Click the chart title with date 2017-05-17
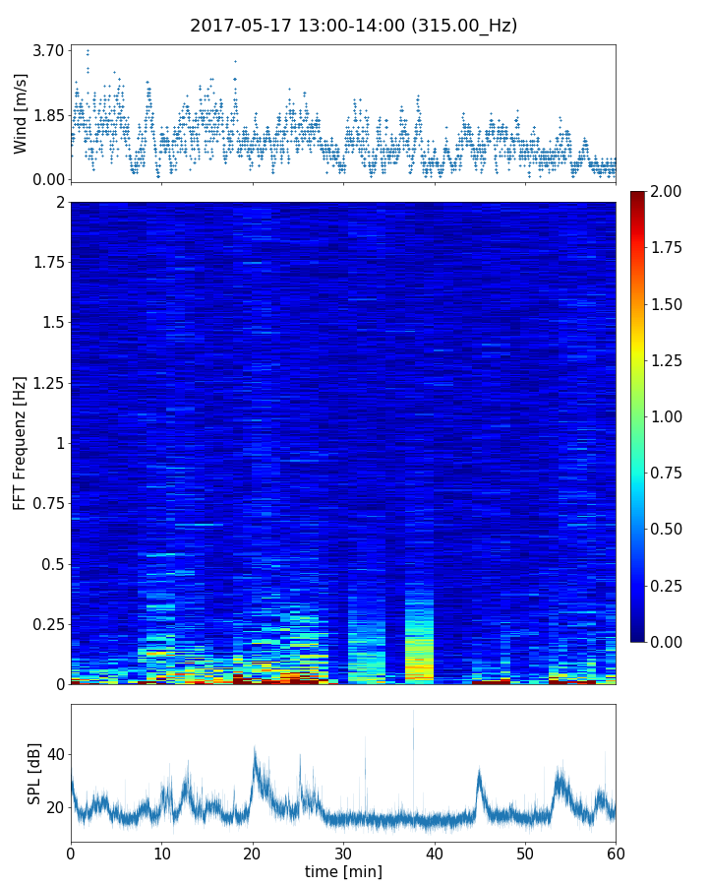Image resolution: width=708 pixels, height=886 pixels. point(354,26)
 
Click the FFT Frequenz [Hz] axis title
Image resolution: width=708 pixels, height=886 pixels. point(21,443)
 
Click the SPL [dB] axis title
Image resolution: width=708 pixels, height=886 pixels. point(34,773)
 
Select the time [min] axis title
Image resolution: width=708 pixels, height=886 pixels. point(343,871)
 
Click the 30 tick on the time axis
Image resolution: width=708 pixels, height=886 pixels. point(343,851)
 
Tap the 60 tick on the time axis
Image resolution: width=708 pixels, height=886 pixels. point(616,851)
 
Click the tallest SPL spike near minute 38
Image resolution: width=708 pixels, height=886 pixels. point(413,711)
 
